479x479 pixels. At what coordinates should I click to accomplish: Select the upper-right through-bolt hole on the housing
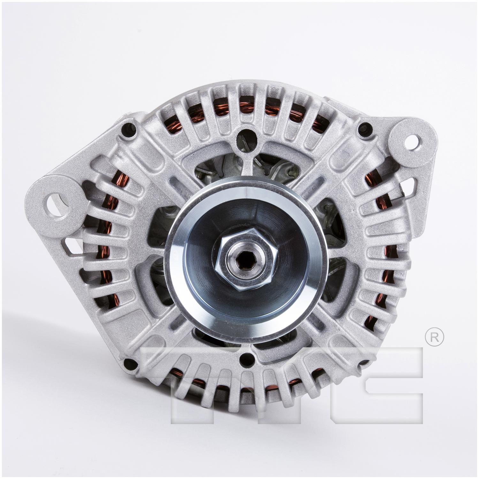(364, 129)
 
